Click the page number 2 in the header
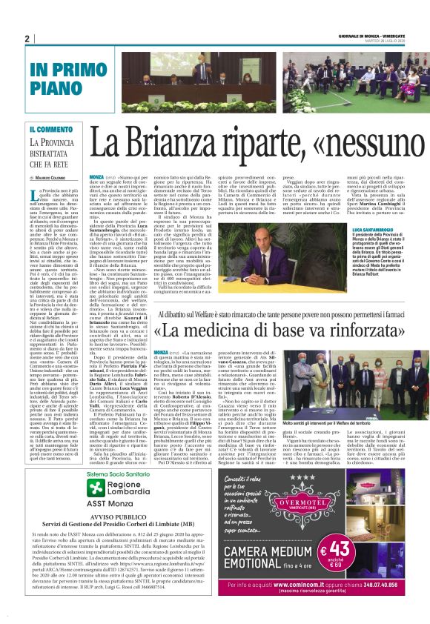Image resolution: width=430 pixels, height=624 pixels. click(26, 39)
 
